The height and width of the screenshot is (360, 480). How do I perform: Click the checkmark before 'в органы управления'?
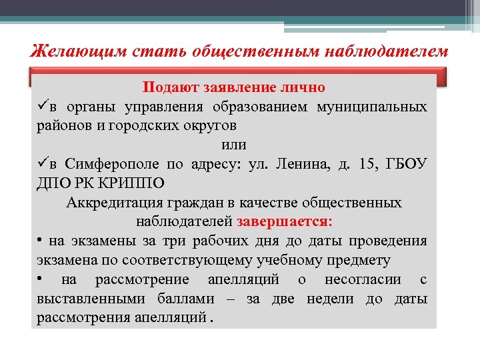tap(43, 107)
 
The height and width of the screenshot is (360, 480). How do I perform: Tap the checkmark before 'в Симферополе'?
tap(43, 164)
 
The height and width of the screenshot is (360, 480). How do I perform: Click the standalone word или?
tap(233, 145)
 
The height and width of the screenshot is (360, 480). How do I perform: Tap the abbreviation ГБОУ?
tap(409, 164)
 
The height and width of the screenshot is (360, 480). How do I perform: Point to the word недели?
tap(329, 299)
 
